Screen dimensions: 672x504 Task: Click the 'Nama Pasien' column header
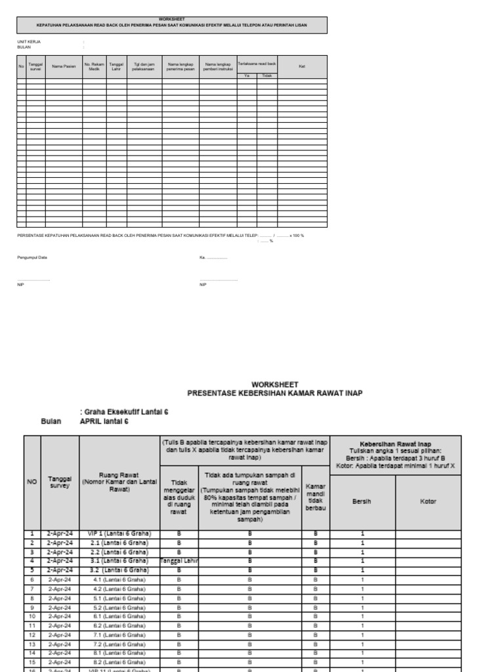coord(64,67)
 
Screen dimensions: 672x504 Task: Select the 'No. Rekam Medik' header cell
coord(94,67)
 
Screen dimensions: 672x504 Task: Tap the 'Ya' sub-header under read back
coord(247,76)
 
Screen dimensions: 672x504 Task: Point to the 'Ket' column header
coord(302,67)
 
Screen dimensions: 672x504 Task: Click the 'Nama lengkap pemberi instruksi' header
coord(219,67)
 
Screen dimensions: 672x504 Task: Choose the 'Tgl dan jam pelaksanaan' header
coord(143,67)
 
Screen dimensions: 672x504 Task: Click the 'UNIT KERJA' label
coord(29,41)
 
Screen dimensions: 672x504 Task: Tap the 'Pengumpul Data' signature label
coord(32,257)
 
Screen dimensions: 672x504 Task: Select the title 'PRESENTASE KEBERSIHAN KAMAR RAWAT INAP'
coord(274,393)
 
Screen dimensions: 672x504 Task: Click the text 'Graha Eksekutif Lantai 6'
coord(124,411)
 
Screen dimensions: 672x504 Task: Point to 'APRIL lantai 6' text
coord(104,421)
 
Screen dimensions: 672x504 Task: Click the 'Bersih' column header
coord(362,502)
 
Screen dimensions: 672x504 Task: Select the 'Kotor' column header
coord(428,502)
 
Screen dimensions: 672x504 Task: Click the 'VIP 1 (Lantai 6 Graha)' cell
coord(119,534)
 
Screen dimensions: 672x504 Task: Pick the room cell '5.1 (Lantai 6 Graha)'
coord(119,598)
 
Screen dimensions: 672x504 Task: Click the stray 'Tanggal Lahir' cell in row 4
coord(178,561)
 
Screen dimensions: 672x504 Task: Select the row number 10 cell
coord(31,617)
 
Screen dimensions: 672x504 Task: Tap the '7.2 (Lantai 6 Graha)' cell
coord(119,644)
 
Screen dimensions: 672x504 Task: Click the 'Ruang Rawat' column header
coord(119,481)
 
